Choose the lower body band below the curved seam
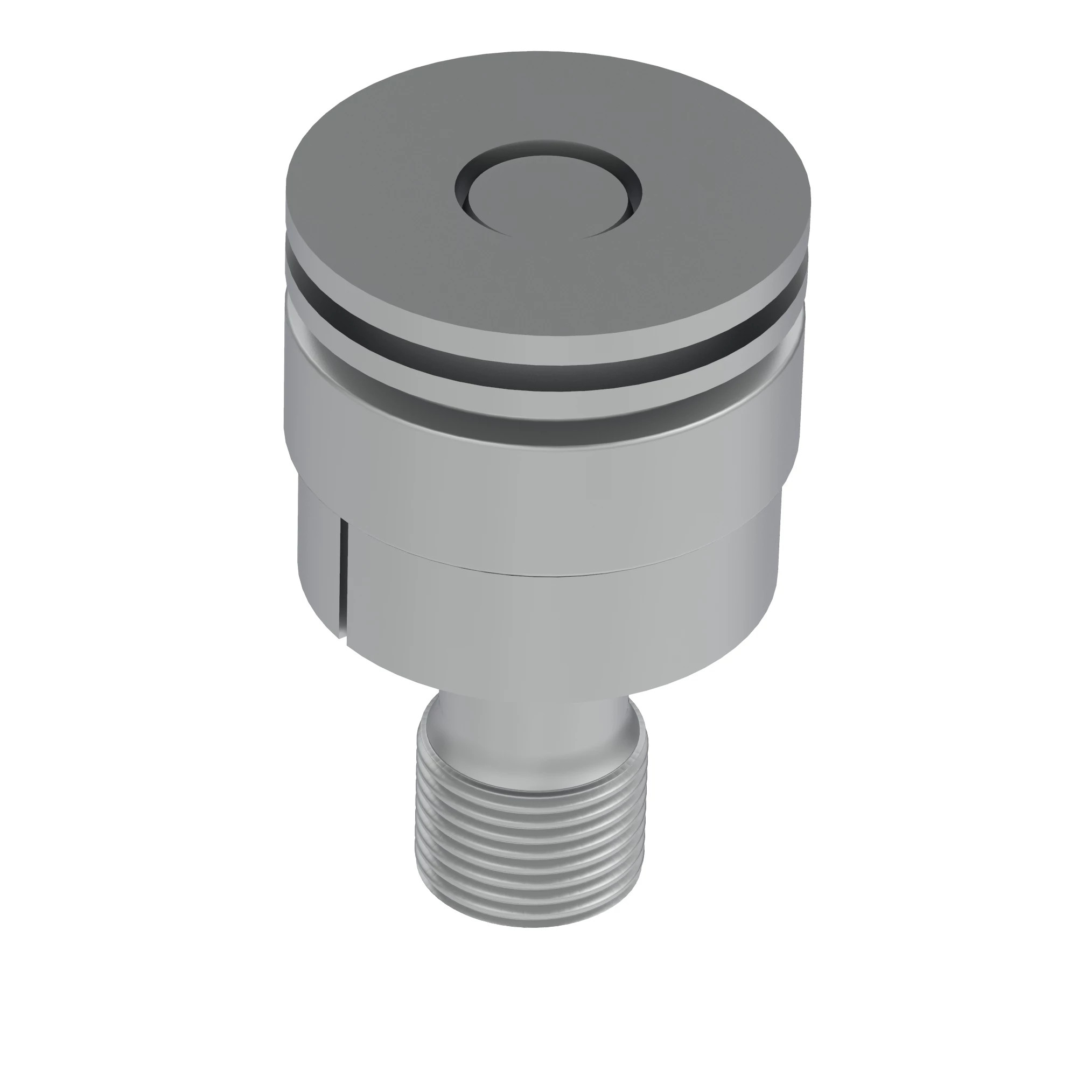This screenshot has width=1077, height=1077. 557,624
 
